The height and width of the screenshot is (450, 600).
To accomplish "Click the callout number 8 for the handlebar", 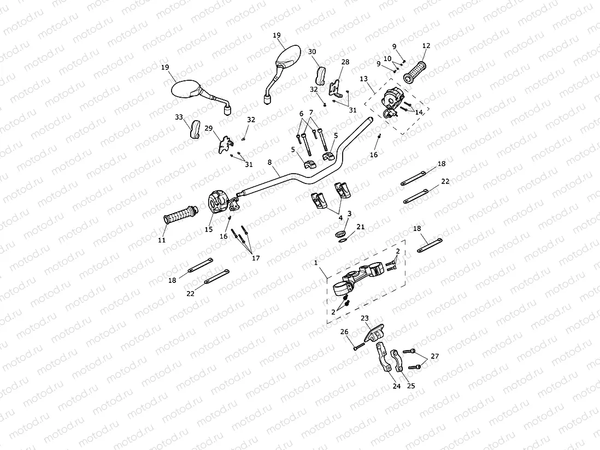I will [x=269, y=162].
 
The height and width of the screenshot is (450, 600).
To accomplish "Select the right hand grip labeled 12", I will [x=417, y=71].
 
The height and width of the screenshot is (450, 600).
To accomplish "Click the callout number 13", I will [x=363, y=79].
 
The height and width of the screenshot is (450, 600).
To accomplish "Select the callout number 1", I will [x=316, y=263].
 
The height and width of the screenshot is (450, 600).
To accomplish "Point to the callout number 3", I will [x=349, y=213].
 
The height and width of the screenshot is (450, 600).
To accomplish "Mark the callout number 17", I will [x=255, y=258].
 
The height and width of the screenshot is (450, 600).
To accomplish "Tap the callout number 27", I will [x=434, y=357].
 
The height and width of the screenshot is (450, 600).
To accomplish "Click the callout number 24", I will [x=396, y=386].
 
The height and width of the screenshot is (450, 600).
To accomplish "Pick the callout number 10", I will [x=387, y=58].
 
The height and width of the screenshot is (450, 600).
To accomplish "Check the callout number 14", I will [x=419, y=112].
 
